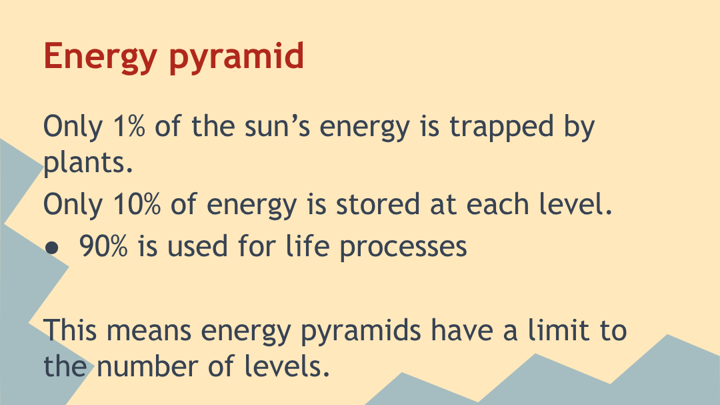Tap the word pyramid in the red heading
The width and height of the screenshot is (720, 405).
(x=237, y=57)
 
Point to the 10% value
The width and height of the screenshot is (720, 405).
(x=137, y=204)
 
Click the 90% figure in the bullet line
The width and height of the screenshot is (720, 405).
(x=103, y=246)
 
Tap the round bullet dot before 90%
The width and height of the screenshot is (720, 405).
(x=52, y=248)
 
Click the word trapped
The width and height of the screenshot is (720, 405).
(x=501, y=127)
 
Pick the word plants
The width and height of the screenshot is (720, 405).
(x=88, y=163)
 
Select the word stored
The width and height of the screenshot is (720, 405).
(x=378, y=204)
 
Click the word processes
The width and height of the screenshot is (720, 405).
(x=403, y=248)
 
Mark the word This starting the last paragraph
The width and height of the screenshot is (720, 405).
(x=70, y=330)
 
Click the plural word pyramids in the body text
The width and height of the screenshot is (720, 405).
(x=361, y=332)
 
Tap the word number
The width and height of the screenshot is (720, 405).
(x=147, y=366)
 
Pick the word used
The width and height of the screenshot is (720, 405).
(x=197, y=246)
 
